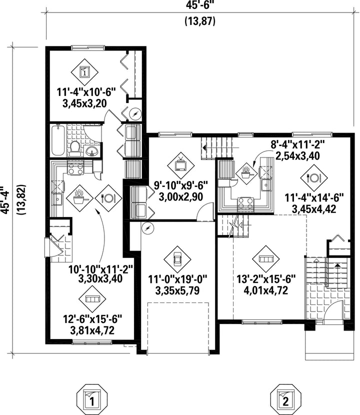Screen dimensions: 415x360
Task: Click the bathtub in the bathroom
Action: point(56,140)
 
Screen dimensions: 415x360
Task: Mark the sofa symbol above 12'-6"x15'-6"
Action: point(92,299)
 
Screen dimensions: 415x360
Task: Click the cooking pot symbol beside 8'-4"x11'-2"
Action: point(246,172)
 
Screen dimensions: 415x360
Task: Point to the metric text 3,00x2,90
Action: point(178,196)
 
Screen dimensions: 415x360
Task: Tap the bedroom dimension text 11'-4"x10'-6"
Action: point(86,91)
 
